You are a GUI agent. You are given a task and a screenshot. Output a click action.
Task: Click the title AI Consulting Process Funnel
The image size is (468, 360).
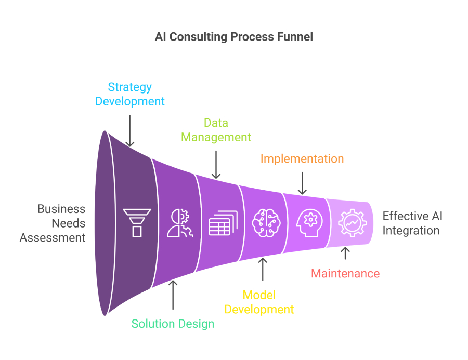coord(234,37)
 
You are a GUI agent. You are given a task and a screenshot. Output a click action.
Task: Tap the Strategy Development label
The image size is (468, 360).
coord(129,94)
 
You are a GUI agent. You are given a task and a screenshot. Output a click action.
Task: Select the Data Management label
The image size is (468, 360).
coord(216,130)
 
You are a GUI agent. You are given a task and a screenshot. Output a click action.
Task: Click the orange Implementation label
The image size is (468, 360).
coord(302,158)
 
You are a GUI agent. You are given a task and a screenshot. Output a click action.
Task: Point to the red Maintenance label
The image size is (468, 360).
coord(345,273)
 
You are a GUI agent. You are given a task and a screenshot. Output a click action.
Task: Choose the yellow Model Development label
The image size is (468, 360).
coord(259,302)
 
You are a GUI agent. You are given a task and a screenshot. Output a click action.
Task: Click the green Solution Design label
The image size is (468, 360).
coord(173,324)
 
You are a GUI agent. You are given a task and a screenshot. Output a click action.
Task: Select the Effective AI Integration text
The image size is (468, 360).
coord(412,223)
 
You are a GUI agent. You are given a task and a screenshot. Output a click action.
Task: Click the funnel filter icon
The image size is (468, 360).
coord(137,223)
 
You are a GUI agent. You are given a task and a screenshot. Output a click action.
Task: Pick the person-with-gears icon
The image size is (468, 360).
coord(180,223)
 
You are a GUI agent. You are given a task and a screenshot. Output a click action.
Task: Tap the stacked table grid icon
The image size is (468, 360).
coord(223,223)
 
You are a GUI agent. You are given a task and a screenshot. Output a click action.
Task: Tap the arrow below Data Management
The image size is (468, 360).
coord(216,165)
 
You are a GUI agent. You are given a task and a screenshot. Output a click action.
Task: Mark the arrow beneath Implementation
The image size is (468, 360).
coord(302,183)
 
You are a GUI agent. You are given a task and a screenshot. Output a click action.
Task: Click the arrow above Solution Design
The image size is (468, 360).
coord(173,295)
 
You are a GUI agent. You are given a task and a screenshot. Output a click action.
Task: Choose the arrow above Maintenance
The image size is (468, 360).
coord(345,253)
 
